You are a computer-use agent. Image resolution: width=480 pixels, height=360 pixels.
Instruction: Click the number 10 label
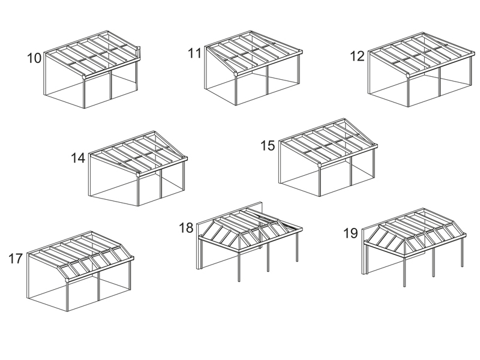[34, 58]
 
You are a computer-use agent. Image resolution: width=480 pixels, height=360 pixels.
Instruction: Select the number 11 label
[194, 53]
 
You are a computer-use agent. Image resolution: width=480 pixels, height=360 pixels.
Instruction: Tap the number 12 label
[357, 56]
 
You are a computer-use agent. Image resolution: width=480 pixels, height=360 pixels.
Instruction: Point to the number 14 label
[78, 158]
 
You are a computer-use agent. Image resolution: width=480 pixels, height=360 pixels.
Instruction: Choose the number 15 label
[268, 145]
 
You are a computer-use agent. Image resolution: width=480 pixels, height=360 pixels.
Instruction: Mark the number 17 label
[16, 259]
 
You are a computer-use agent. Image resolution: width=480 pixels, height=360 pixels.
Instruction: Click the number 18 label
[186, 228]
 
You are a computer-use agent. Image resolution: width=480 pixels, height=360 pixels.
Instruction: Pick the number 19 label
[350, 233]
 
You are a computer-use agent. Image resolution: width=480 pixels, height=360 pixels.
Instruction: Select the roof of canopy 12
[422, 55]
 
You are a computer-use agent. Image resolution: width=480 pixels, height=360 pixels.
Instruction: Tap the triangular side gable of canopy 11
[221, 61]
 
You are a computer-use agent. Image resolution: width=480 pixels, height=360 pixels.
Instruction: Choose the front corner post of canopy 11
[236, 90]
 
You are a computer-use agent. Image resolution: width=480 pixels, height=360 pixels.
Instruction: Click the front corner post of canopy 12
[409, 92]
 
